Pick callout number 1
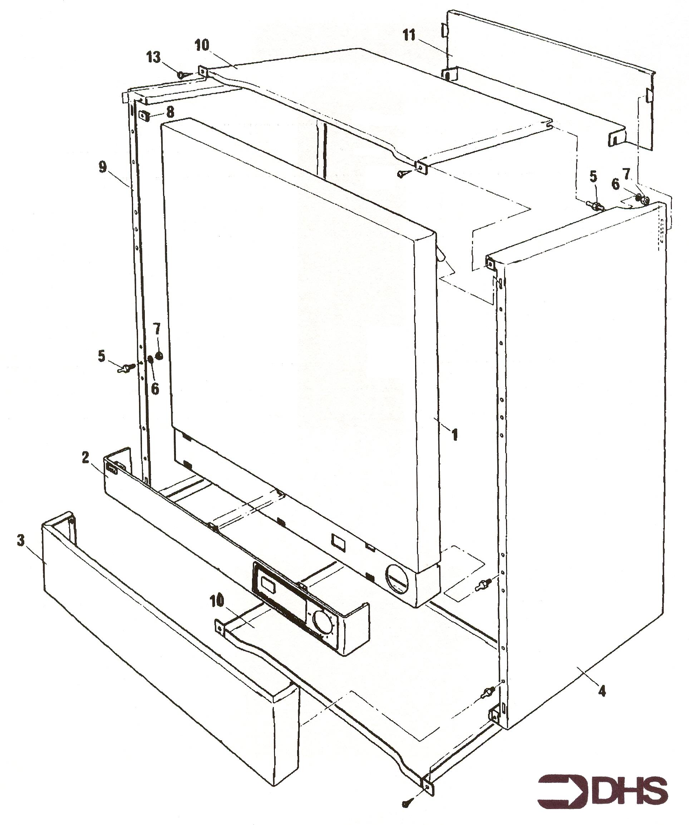(455, 435)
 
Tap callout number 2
(85, 457)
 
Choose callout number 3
(20, 540)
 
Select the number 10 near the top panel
(202, 45)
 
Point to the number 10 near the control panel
(217, 601)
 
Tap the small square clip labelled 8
(144, 115)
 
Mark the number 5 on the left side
(102, 356)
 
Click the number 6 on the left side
(155, 389)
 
